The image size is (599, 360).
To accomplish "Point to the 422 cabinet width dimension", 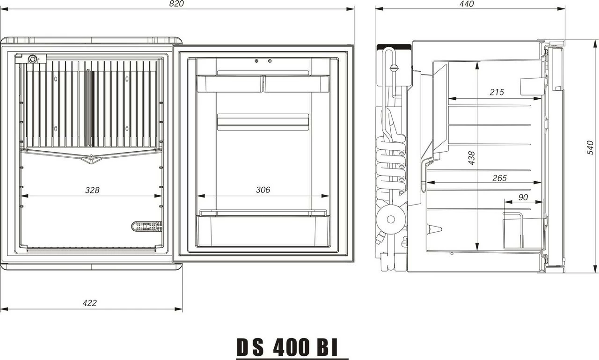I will pos(89,303).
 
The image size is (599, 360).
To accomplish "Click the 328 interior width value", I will pos(92,190).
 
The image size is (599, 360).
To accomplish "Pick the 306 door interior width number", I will pos(263,190).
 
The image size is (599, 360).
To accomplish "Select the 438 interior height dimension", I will pos(472,158).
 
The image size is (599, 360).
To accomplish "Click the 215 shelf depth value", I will pos(497,92).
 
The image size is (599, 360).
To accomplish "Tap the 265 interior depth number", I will pos(499,178).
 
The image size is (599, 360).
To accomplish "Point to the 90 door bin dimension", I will pos(523,198).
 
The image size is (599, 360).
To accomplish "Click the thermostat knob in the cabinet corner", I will pos(33,59).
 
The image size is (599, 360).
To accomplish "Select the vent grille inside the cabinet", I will pos(147,227).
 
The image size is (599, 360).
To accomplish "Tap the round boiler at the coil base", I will pos(390,219).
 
